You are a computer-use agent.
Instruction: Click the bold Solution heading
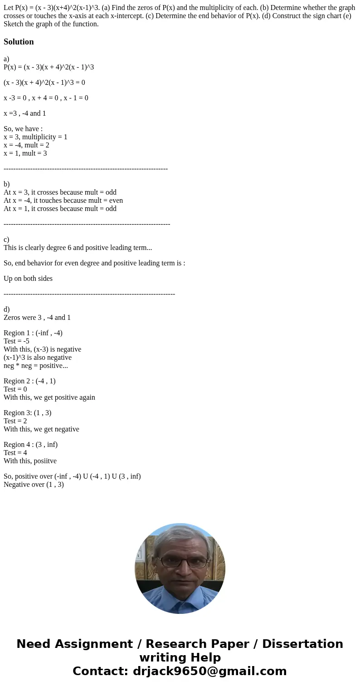[19, 42]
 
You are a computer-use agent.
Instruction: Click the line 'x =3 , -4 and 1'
[25, 113]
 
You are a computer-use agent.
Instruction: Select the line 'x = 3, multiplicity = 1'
[35, 137]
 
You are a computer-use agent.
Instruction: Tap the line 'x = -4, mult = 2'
[26, 145]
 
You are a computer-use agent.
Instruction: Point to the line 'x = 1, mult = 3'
[25, 153]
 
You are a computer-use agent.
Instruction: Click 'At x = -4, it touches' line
[63, 201]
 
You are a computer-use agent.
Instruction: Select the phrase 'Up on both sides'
[28, 279]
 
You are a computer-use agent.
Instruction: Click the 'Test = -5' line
[16, 341]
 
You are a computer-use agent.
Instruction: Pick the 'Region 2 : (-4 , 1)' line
[29, 381]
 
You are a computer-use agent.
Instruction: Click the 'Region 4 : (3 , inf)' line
[30, 445]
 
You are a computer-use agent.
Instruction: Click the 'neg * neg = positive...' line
[36, 366]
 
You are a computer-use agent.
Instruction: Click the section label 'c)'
[6, 240]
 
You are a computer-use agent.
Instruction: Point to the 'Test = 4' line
[15, 453]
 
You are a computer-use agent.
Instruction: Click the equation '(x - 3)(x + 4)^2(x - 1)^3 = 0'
[44, 83]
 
